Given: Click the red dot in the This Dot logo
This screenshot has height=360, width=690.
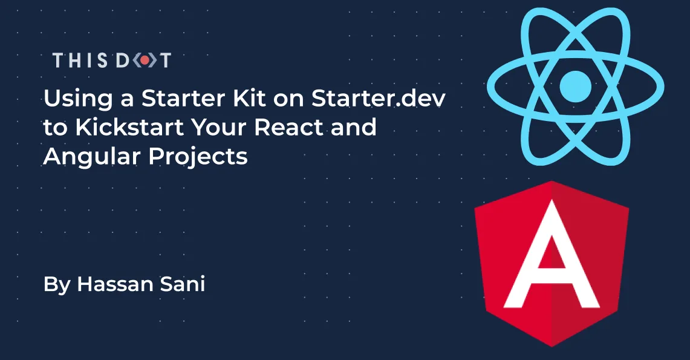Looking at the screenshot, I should [x=143, y=61].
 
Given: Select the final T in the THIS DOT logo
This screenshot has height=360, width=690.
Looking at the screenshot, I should [x=164, y=61].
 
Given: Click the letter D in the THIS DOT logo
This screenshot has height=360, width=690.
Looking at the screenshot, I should [x=123, y=61].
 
